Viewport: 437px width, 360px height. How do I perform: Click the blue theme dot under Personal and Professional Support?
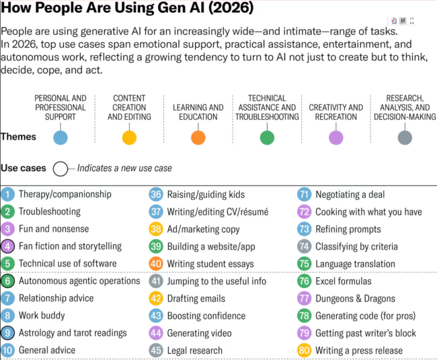click(x=61, y=138)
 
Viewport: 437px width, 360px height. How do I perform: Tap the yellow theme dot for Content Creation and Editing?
click(x=129, y=138)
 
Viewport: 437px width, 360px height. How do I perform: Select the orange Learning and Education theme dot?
click(x=198, y=138)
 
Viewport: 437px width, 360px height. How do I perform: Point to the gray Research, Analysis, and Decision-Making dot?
click(x=405, y=138)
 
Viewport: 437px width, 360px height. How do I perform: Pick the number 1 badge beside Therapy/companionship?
click(x=8, y=194)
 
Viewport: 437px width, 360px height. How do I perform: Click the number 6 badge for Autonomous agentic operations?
click(x=8, y=281)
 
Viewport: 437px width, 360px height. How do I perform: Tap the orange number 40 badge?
click(x=156, y=264)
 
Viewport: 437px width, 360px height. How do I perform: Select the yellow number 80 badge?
click(x=304, y=351)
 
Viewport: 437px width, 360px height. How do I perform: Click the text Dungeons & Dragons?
click(x=356, y=299)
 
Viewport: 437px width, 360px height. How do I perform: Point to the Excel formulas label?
click(x=344, y=281)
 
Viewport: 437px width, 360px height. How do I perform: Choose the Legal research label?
click(x=195, y=351)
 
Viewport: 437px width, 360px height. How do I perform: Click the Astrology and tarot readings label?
click(x=73, y=333)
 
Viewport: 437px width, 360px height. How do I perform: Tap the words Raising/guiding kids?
click(x=206, y=194)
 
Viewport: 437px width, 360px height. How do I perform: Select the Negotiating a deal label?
click(x=350, y=194)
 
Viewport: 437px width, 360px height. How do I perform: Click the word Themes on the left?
click(x=18, y=137)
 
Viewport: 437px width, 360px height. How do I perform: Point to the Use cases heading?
click(x=24, y=168)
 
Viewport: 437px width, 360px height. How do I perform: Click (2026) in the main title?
click(x=231, y=7)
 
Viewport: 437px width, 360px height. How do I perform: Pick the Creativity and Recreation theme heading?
click(x=336, y=112)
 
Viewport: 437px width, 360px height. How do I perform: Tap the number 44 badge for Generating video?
click(x=156, y=333)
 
